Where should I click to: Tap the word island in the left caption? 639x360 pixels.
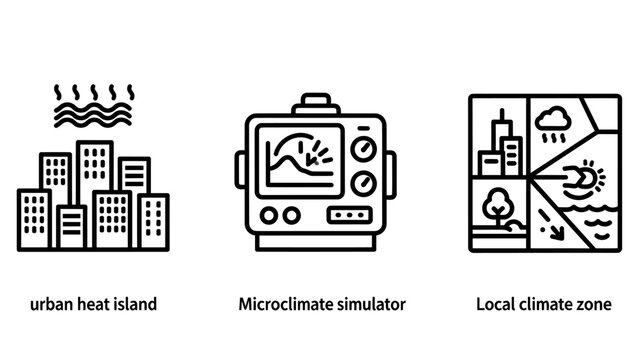point(136,303)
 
